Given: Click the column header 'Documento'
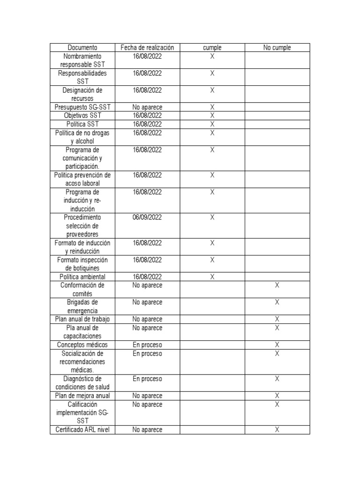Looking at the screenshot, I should point(82,47).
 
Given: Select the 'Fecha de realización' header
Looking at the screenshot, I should point(147,47).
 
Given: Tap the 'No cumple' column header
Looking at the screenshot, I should point(277,47).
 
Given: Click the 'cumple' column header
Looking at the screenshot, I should point(212,47).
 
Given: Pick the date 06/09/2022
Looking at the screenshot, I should point(147,217).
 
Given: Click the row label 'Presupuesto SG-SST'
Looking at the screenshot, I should point(82,107).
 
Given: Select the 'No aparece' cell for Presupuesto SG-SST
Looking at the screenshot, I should point(147,107).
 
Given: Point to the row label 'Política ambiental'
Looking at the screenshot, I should point(82,277).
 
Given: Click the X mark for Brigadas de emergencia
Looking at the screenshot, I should point(277,302).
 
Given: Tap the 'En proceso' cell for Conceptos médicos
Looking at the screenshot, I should point(147,345).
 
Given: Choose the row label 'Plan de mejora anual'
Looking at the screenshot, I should point(82,396).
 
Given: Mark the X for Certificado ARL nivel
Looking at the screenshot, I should point(277,429).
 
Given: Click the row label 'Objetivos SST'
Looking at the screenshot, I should point(82,115).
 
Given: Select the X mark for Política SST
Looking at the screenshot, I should point(212,124).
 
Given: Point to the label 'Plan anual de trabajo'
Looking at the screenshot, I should point(82,319).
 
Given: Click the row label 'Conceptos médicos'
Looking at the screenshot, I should point(82,345).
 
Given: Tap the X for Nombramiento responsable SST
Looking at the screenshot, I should point(212,56).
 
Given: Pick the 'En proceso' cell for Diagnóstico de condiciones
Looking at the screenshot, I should point(147,379).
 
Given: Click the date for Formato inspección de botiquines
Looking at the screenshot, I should point(147,260).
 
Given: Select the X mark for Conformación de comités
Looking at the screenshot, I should point(277,285).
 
